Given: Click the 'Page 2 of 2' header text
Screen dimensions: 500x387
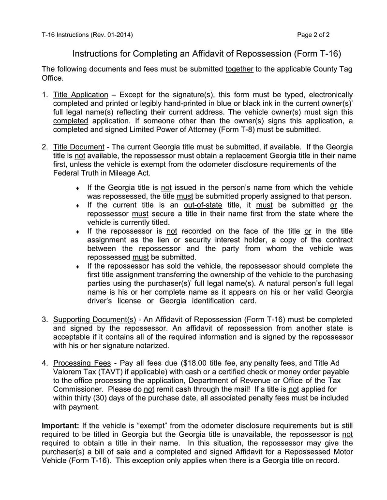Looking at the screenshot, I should click(313, 35).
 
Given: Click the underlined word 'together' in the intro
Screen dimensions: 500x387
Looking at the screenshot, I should click(239, 69).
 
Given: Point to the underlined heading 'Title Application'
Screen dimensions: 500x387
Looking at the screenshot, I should click(80, 95).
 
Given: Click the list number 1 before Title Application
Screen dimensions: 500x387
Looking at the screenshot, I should click(44, 95).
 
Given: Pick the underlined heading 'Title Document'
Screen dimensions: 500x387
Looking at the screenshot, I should click(78, 147).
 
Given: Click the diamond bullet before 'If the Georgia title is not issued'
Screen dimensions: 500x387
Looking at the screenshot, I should click(77, 188).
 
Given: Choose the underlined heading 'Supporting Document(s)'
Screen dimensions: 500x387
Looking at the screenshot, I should click(94, 319).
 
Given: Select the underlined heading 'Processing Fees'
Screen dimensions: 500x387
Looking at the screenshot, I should click(78, 363).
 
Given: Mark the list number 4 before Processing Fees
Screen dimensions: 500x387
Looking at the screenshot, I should click(44, 363).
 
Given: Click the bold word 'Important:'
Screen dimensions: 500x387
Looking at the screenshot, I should click(60, 426).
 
